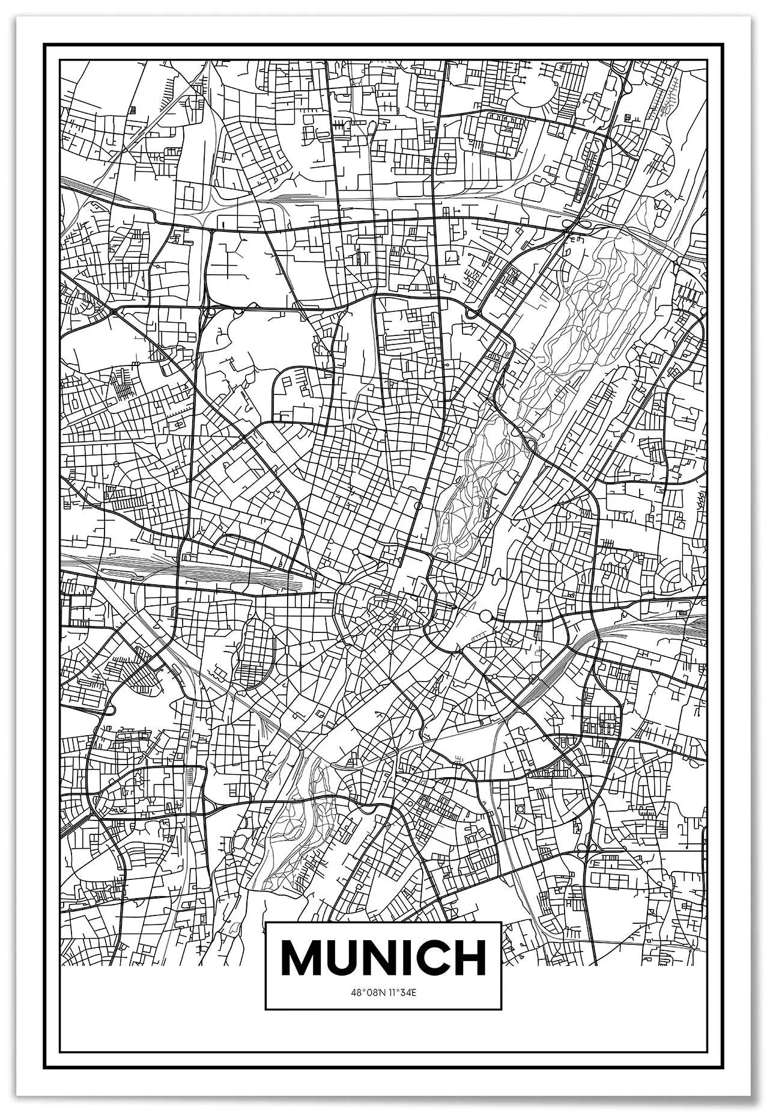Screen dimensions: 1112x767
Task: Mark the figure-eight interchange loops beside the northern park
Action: click(575, 226)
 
